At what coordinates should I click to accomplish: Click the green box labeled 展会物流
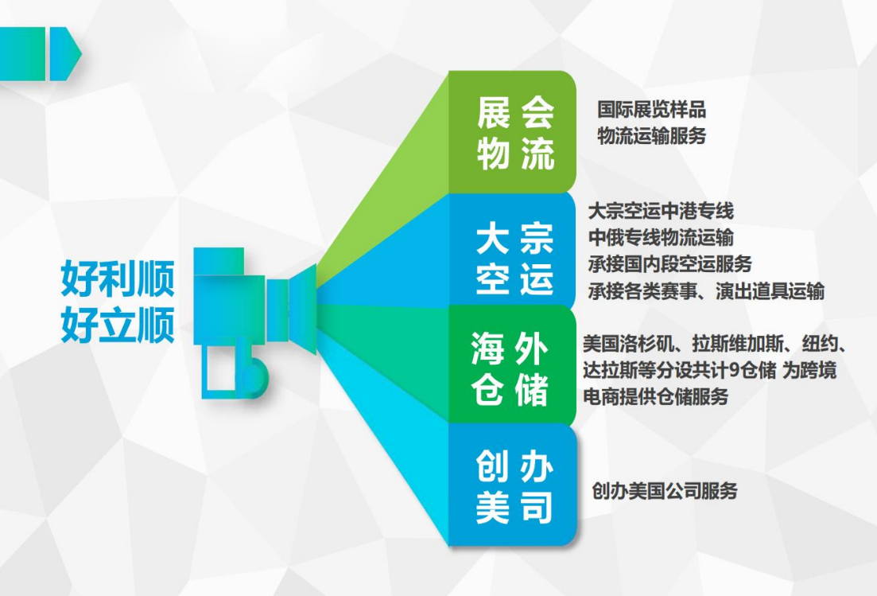512,132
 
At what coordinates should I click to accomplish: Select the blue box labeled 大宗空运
512,250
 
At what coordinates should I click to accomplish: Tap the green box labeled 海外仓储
512,365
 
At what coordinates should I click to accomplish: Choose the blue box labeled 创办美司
512,485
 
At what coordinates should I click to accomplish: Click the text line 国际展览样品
652,109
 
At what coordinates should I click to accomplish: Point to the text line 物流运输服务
652,135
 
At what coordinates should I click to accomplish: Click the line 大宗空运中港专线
661,211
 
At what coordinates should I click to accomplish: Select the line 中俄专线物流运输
661,237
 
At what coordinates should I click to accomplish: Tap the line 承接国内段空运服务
669,263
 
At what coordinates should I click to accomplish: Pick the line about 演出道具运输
706,291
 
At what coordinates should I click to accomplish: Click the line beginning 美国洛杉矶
715,344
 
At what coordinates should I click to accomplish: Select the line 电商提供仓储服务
655,397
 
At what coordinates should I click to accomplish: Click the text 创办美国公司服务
665,491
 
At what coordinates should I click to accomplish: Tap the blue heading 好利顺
118,279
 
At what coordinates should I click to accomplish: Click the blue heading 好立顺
118,325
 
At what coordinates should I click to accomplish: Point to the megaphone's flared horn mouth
303,310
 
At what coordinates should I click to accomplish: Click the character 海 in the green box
487,348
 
